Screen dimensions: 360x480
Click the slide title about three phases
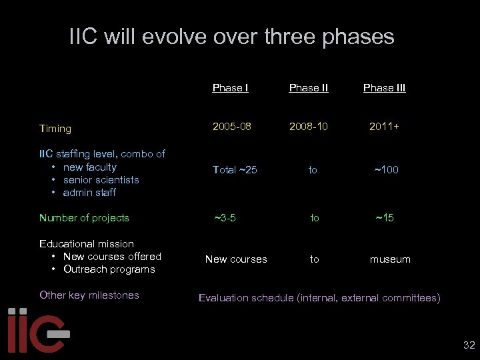point(231,37)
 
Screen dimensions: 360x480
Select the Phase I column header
point(230,88)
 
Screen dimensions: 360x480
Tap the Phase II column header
point(309,88)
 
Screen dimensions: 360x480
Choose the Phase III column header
point(384,88)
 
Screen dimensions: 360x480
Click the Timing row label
point(55,129)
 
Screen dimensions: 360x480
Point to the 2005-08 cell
point(232,125)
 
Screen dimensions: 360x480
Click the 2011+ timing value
point(385,125)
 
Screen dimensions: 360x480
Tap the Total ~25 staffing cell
point(234,170)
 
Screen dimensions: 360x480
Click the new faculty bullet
point(89,167)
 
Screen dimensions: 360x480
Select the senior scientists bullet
point(101,180)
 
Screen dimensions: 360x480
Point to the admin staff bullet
point(89,193)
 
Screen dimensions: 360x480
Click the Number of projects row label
point(84,218)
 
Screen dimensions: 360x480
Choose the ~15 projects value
point(384,218)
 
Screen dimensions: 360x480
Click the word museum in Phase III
point(390,259)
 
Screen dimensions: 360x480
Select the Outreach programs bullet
point(109,269)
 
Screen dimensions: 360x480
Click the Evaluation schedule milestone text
point(319,298)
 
